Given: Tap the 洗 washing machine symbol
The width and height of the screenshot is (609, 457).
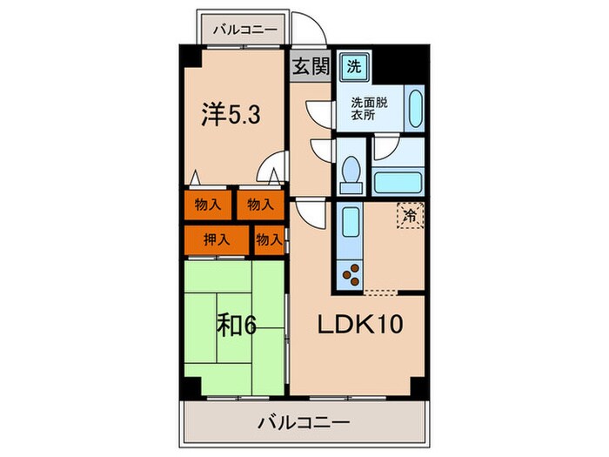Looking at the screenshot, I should pyautogui.click(x=353, y=65).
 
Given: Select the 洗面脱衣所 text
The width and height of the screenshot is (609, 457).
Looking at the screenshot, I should pyautogui.click(x=370, y=109).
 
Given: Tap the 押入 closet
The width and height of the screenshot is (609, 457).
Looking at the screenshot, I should pyautogui.click(x=207, y=238).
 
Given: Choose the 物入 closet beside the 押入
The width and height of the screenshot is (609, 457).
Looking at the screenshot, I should pyautogui.click(x=269, y=239).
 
